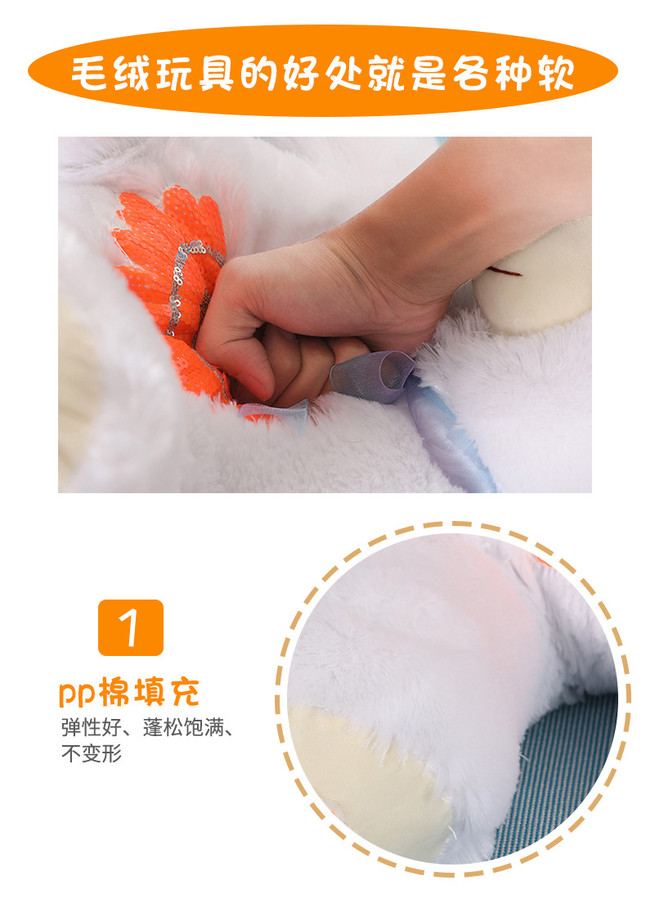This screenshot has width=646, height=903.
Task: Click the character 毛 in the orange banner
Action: pyautogui.click(x=91, y=74)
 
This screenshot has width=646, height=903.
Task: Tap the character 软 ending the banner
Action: pyautogui.click(x=555, y=74)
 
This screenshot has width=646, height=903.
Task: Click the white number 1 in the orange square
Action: pyautogui.click(x=131, y=628)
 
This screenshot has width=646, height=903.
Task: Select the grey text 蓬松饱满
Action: pyautogui.click(x=183, y=727)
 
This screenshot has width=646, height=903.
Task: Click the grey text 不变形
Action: pyautogui.click(x=92, y=753)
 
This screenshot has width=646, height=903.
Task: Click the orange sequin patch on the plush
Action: pyautogui.click(x=164, y=245)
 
